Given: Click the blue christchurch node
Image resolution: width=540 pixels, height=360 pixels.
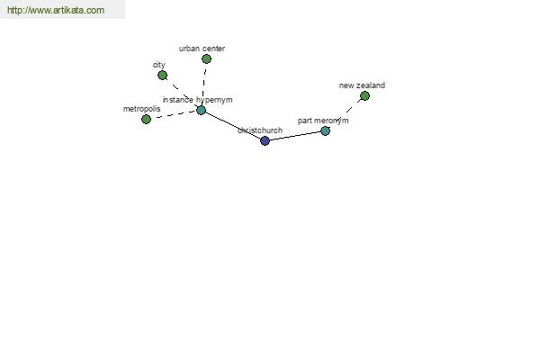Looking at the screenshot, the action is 265,140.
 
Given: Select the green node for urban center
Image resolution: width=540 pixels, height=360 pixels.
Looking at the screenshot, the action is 206,58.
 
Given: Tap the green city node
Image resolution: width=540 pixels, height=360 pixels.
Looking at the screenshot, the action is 163,75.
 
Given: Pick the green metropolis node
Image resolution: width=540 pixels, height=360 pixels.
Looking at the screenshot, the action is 146,119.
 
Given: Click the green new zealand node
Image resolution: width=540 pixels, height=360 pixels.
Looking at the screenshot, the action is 364,95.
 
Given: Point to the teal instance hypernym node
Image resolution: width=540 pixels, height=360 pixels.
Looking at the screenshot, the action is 201,110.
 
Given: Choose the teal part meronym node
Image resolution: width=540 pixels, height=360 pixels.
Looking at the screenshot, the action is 325,130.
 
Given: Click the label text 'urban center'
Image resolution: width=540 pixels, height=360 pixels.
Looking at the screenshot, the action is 202,49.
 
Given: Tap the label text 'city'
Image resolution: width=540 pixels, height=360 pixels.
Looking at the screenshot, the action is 158,65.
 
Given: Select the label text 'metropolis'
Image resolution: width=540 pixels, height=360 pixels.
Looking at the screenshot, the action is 141,109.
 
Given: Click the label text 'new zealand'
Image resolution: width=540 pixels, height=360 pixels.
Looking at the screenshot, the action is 362,85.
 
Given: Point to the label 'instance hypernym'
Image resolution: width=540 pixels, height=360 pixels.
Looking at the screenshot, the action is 197,100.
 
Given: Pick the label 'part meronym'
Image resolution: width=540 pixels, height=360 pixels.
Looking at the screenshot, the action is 323,121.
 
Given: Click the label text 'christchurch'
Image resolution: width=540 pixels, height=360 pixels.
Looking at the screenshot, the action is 260,130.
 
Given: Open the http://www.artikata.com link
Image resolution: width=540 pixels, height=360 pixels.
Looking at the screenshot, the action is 56,10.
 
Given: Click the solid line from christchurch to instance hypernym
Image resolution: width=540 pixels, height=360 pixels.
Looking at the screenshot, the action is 233,125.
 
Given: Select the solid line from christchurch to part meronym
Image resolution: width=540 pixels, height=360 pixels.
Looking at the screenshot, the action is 295,136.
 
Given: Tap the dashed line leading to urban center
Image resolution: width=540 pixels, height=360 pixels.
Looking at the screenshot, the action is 204,85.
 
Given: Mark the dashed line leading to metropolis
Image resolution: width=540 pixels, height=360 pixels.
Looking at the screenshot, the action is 174,114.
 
